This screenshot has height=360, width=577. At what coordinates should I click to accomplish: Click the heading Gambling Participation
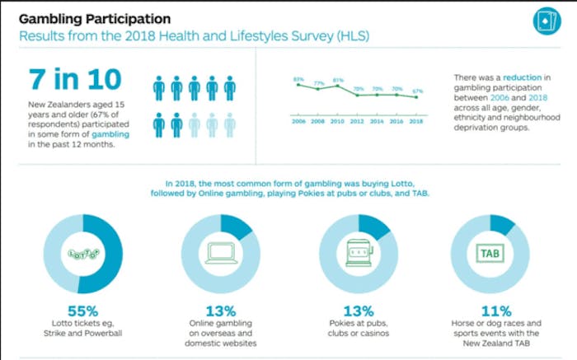tap(95, 17)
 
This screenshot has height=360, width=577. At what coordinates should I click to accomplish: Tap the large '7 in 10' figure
tap(74, 81)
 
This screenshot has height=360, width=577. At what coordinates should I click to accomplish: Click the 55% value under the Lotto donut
tap(82, 311)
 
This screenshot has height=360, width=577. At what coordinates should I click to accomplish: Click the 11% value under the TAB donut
tap(495, 311)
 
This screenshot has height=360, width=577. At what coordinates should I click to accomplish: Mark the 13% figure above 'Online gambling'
tap(221, 311)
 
